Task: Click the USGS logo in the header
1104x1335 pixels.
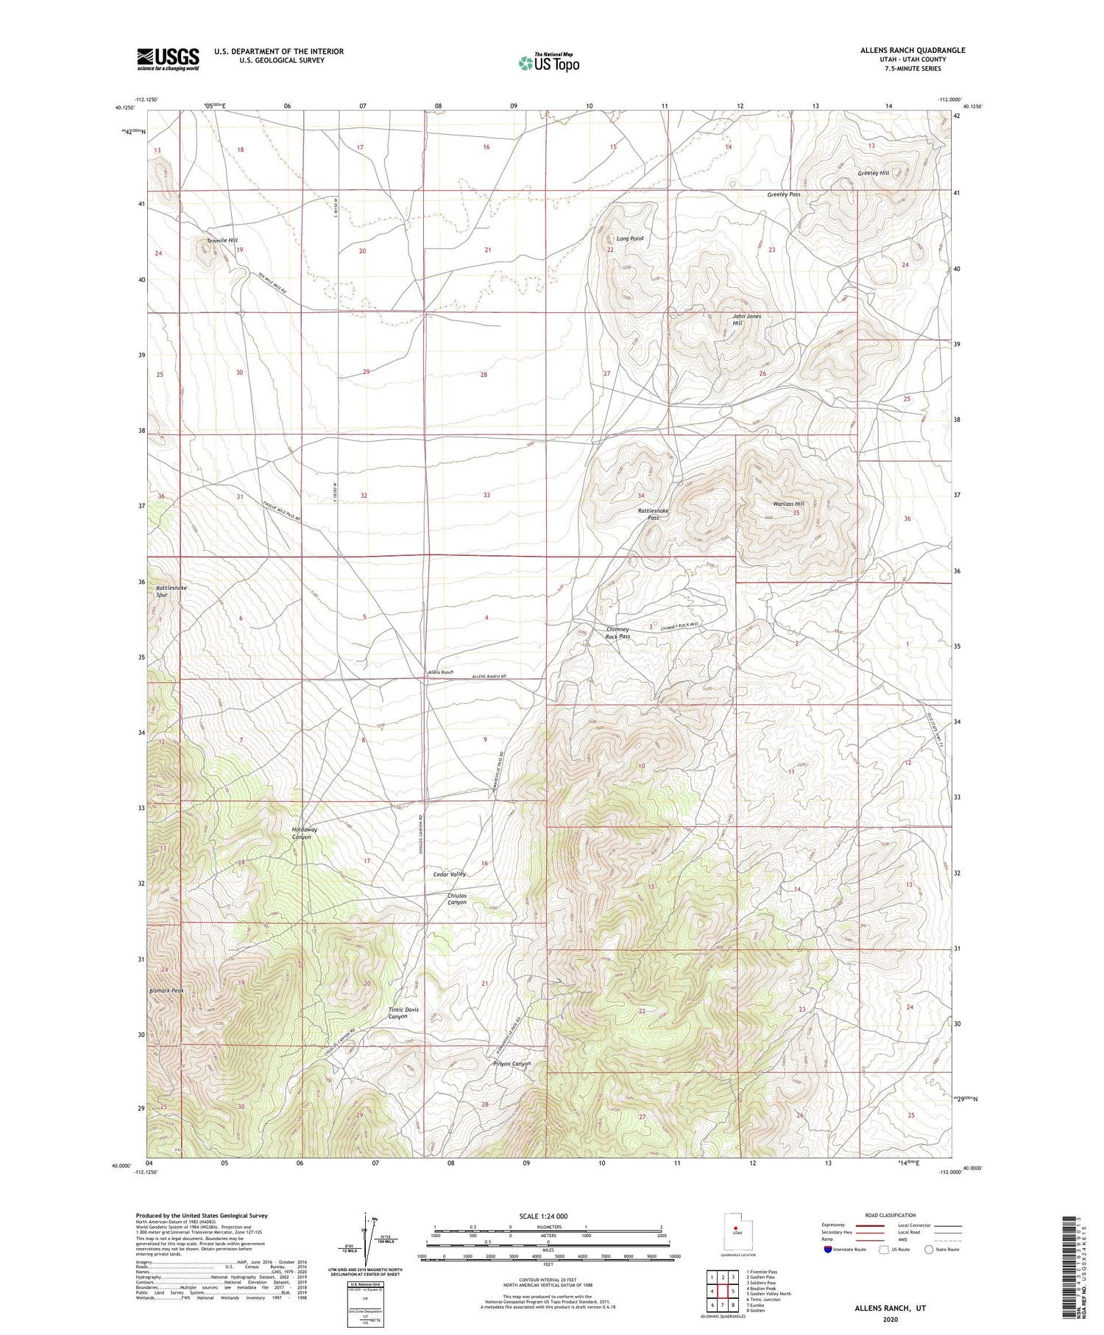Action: [168, 59]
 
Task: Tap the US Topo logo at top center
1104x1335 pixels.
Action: [548, 63]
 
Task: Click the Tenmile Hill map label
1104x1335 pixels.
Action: [222, 241]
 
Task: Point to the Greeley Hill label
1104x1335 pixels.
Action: [873, 173]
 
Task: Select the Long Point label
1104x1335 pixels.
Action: [630, 239]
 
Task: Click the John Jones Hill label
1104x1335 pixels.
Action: [746, 320]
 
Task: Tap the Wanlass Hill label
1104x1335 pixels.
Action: [788, 504]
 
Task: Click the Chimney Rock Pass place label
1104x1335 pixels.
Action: [618, 633]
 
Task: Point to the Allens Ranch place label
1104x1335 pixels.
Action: [441, 672]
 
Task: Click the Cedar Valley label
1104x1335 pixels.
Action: [450, 874]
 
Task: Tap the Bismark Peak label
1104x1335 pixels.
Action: [166, 991]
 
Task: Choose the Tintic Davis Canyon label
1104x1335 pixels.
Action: [404, 1012]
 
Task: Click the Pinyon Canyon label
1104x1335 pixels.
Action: [512, 1063]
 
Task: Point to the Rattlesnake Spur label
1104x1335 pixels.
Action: [171, 591]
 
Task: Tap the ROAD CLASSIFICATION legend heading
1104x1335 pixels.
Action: [890, 1215]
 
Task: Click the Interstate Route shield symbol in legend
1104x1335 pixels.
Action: [828, 1250]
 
